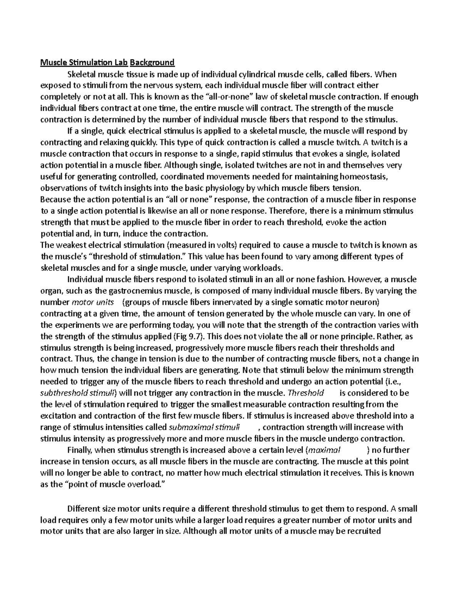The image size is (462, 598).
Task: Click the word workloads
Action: (263, 268)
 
